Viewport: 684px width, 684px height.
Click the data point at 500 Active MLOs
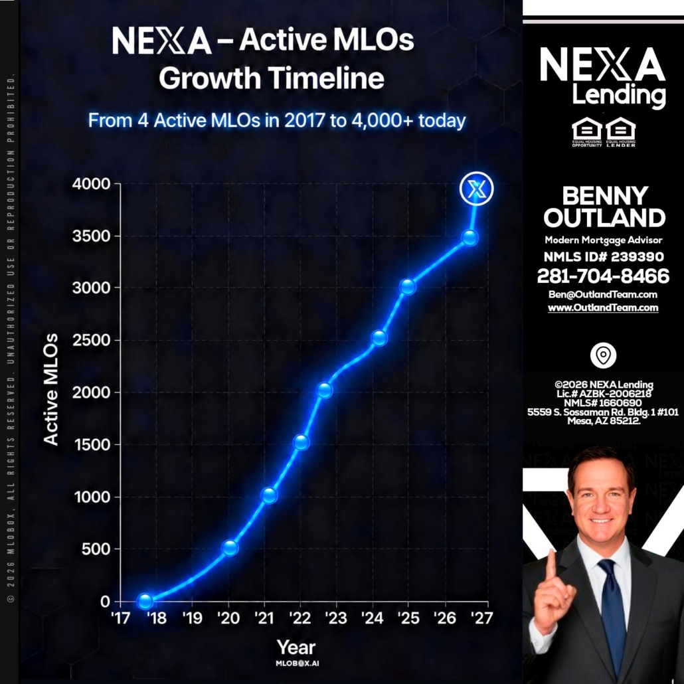[x=230, y=547]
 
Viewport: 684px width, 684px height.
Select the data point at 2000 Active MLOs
[x=325, y=390]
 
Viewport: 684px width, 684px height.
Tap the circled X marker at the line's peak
[x=476, y=189]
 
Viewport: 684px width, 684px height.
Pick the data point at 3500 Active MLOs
[x=470, y=238]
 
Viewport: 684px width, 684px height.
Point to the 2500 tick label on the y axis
[x=91, y=340]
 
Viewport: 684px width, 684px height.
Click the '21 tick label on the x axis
[x=265, y=618]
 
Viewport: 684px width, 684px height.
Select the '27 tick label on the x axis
[x=481, y=618]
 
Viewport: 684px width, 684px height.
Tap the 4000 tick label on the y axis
[x=91, y=184]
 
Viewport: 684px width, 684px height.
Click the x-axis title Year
[x=296, y=647]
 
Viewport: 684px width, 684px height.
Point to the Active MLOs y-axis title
[x=50, y=389]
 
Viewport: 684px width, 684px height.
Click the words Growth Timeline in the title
[x=272, y=78]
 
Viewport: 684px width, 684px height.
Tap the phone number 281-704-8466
[x=603, y=276]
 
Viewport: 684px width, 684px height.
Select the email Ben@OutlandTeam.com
[x=603, y=294]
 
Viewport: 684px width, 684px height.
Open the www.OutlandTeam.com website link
[x=603, y=307]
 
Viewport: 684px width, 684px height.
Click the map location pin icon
[x=603, y=355]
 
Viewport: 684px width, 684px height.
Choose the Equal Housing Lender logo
[x=621, y=131]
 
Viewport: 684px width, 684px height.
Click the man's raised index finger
[x=551, y=565]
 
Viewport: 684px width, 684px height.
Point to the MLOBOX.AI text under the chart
[x=297, y=663]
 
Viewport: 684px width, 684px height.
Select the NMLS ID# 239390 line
[x=604, y=256]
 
